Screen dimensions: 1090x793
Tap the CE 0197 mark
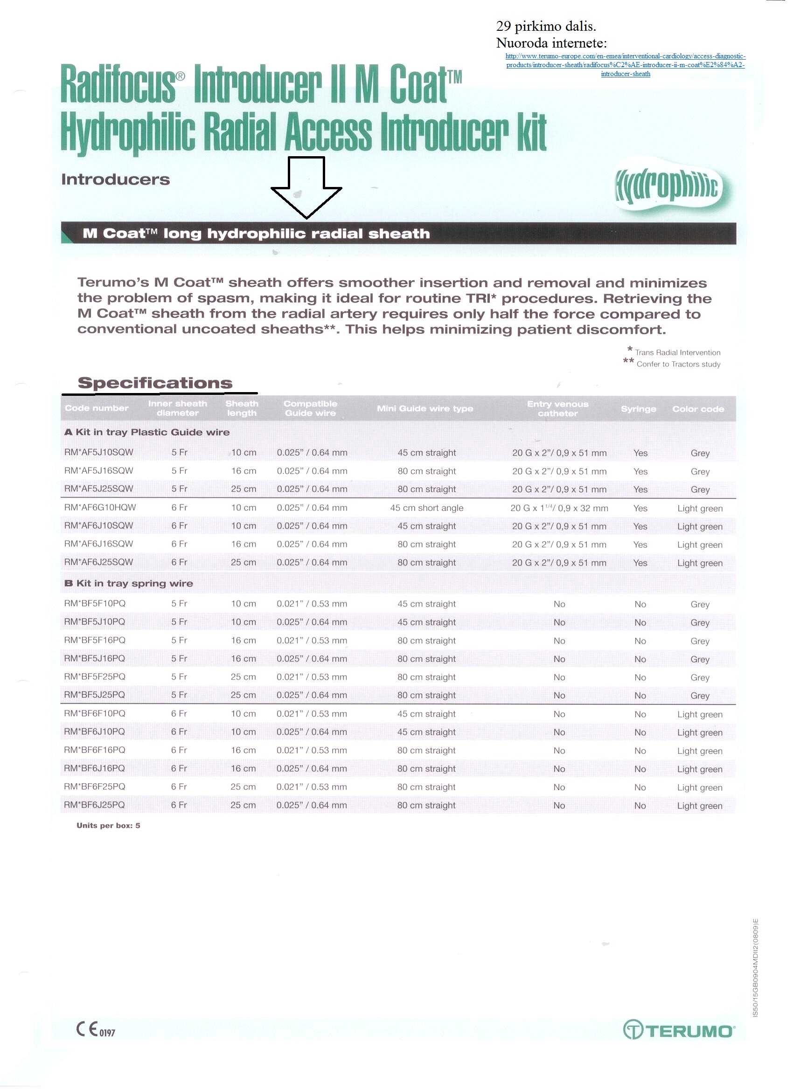point(96,1029)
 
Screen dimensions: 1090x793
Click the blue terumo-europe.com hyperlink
point(625,65)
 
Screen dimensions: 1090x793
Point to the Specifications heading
point(155,383)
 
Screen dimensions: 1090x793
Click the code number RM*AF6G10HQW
point(100,508)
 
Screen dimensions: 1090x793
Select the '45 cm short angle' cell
point(426,508)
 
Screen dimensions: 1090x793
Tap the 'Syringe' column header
point(638,409)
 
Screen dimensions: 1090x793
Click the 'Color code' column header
point(698,409)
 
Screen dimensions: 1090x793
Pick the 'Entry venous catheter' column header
point(557,408)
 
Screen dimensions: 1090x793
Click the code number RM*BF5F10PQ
point(95,604)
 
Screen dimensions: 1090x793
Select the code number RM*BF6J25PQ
point(94,805)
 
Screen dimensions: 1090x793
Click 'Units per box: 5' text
point(108,826)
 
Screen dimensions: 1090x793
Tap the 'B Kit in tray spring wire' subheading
point(128,583)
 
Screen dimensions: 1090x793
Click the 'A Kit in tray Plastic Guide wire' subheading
point(146,432)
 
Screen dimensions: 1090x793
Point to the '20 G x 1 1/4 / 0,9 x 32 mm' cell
point(559,508)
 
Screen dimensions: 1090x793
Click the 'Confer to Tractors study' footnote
point(678,364)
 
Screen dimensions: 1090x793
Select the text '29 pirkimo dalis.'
point(546,26)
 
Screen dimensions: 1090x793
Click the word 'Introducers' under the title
point(115,180)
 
